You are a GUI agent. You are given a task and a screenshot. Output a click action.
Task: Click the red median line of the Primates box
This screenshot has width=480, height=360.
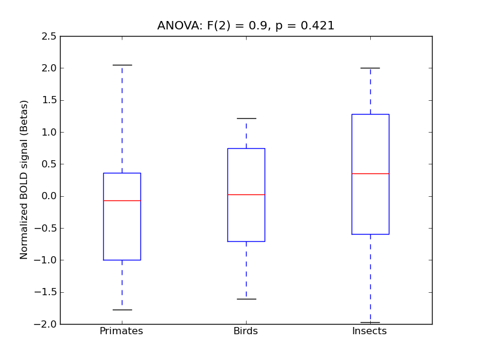tap(122, 200)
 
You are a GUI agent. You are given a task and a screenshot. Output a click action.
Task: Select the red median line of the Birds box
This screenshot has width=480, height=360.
tap(246, 194)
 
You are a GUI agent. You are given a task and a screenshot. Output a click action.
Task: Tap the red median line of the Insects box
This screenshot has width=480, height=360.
tap(370, 173)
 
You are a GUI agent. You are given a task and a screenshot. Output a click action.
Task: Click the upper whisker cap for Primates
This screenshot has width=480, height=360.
tap(122, 65)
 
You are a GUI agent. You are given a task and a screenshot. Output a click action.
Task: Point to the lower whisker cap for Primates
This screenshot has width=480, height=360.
tap(122, 310)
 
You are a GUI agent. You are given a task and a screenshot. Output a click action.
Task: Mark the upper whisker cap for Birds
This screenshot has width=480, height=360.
tap(246, 118)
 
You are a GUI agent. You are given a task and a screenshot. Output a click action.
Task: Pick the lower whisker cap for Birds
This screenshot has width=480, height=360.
tap(246, 299)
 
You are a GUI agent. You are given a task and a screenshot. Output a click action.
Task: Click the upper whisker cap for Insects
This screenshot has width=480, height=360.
tap(370, 68)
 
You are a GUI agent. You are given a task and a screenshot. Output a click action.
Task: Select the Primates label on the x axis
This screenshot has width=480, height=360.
tap(121, 331)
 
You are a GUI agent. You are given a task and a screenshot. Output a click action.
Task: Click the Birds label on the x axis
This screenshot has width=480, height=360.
tap(245, 331)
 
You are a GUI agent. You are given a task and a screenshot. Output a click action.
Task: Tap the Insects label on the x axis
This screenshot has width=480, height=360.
tap(369, 331)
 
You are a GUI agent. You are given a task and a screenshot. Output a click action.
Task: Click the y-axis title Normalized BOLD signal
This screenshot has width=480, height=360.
tap(25, 179)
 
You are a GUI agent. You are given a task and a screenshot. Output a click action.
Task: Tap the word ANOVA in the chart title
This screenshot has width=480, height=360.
tap(176, 26)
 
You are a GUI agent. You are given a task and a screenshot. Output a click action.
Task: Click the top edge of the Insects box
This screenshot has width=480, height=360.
tap(370, 114)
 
